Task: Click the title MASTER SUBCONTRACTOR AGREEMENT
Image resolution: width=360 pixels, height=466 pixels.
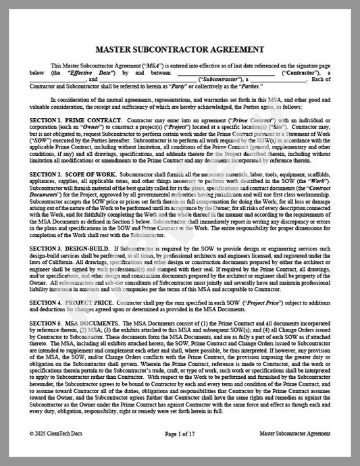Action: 180,50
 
